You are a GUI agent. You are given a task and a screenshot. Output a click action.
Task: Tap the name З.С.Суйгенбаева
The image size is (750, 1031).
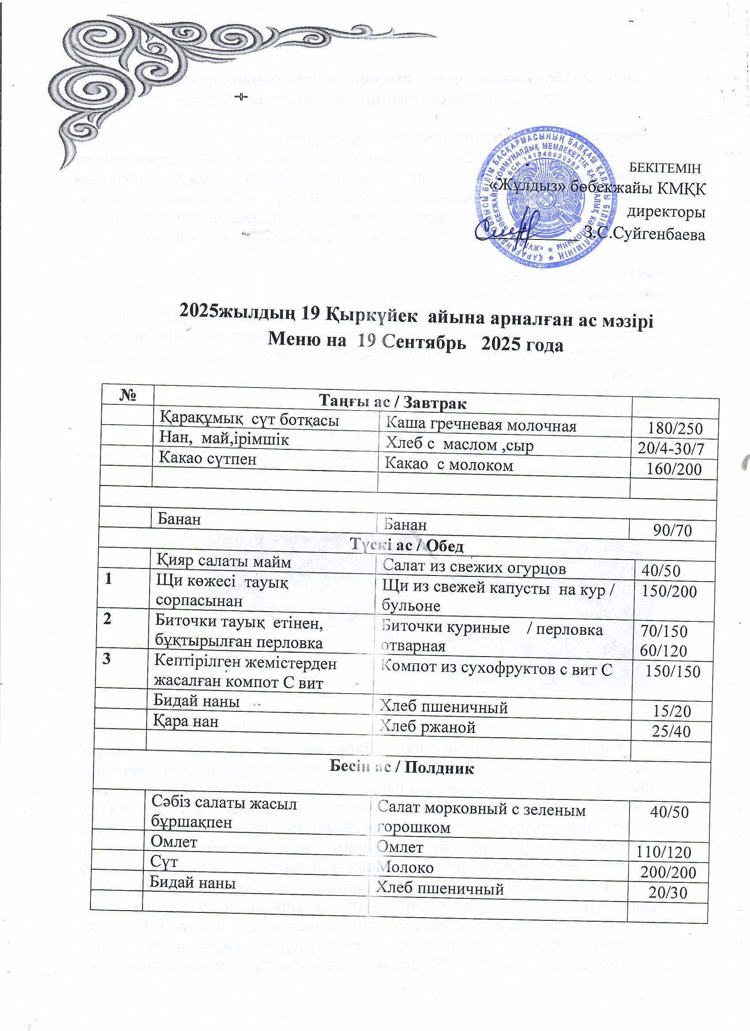tap(645, 235)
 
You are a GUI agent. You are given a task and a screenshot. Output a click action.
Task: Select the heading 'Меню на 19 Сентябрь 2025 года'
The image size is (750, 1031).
tap(416, 345)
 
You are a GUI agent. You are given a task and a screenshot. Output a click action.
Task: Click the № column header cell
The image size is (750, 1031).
tap(128, 395)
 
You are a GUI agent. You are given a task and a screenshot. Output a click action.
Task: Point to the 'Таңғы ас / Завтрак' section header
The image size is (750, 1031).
tap(393, 402)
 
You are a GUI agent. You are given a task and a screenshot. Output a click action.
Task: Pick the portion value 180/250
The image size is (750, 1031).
tap(675, 429)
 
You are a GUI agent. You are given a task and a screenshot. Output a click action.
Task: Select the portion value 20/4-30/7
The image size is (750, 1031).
tap(671, 449)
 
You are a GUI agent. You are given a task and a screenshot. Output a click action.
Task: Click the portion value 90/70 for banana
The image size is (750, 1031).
tap(672, 530)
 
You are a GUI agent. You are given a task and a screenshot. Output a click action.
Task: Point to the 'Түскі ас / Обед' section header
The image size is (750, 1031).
tap(407, 546)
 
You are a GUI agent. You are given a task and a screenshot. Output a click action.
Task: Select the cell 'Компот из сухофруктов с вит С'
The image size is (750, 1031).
tap(496, 668)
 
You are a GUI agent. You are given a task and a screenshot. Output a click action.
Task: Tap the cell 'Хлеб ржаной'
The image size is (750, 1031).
tap(427, 727)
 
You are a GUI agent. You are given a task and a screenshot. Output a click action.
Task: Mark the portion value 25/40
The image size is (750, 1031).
tap(671, 732)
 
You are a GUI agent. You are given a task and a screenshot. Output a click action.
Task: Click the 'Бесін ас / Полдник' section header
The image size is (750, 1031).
tap(401, 768)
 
